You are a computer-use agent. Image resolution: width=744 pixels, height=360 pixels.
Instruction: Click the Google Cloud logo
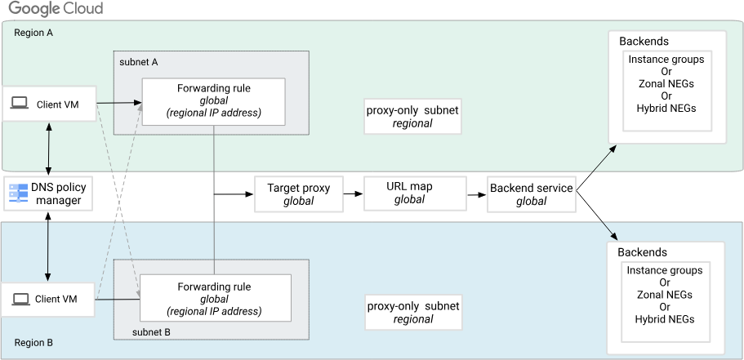coord(56,10)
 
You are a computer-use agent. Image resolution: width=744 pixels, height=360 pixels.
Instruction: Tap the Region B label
coord(33,343)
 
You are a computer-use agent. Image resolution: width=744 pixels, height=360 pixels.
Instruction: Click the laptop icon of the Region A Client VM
coord(20,103)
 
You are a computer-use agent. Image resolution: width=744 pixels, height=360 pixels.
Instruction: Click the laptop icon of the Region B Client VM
coord(20,300)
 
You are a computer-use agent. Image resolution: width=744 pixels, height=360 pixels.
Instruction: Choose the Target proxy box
coord(299,193)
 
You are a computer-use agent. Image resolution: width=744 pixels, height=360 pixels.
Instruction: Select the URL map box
coord(409,193)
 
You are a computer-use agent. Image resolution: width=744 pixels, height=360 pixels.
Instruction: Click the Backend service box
coord(531,194)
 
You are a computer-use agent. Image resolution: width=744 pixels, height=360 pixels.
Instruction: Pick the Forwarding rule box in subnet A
coord(213,101)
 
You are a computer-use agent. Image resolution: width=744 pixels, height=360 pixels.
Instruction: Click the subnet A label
coord(138,62)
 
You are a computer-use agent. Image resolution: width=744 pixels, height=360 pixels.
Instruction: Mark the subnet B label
coord(151,332)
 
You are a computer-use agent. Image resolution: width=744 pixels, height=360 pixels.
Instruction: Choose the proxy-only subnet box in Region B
coord(412,312)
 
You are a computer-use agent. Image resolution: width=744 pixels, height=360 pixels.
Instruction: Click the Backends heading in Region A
coord(644,42)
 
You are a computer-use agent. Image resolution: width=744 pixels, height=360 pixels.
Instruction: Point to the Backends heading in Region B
coord(643,252)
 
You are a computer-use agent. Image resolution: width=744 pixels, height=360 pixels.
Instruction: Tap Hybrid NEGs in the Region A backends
coord(666,108)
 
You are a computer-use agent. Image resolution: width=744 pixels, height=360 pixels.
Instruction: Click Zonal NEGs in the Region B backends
coord(666,295)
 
